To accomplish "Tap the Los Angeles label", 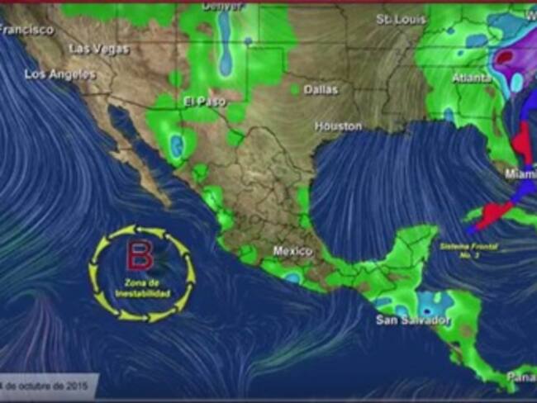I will (59, 73).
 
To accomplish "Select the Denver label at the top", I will (222, 6).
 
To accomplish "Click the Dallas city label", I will (321, 88).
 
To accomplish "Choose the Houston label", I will (338, 126).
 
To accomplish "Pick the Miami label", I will (521, 174).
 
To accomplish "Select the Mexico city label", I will (293, 250).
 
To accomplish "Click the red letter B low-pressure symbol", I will (139, 256).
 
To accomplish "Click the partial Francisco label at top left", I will (26, 29).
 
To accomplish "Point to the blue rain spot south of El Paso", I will (176, 146).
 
